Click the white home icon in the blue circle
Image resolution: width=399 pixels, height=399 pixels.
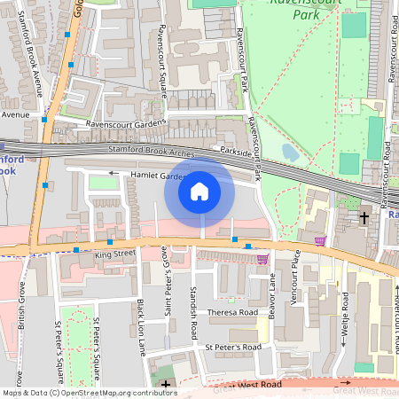tap(199, 192)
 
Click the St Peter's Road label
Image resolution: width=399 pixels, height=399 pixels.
tap(233, 347)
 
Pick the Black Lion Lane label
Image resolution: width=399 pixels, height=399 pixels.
tap(140, 327)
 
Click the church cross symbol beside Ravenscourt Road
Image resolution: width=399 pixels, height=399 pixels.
tap(364, 216)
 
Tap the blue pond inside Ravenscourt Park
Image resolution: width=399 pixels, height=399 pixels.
tap(289, 153)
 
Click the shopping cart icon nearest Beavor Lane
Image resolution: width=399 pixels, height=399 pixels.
tap(262, 259)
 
